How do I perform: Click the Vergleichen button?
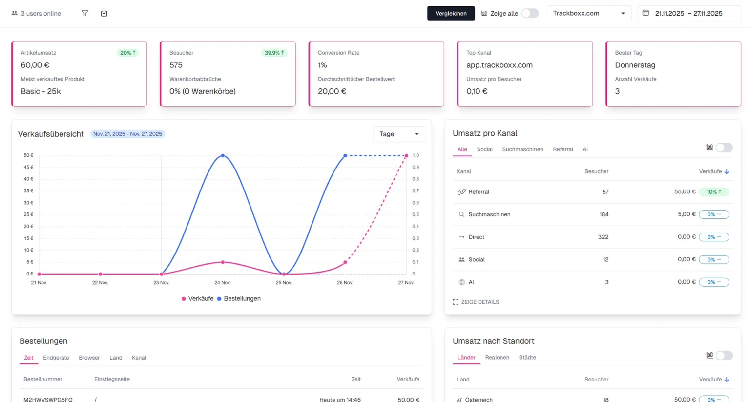coord(451,13)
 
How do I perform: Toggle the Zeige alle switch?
coord(530,13)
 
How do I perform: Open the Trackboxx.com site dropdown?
coord(588,13)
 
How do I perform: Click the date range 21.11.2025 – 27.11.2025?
coord(688,13)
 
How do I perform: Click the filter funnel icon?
coord(85,13)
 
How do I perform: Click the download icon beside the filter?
coord(104,13)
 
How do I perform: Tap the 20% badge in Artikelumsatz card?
coord(128,53)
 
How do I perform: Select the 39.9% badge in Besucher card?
coord(274,53)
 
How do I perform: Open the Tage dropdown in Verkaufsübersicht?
coord(399,134)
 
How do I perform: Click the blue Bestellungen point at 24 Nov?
coord(223,156)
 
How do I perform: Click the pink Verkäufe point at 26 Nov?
coord(345,262)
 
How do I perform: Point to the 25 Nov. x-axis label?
coord(284,283)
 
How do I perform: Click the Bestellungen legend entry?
coord(239,298)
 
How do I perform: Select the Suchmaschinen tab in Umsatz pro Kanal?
coord(522,149)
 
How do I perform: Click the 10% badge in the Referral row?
coord(714,192)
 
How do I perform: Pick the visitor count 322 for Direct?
coord(603,237)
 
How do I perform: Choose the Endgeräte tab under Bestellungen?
coord(56,358)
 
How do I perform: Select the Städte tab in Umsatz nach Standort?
coord(527,357)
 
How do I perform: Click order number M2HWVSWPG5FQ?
coord(48,399)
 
